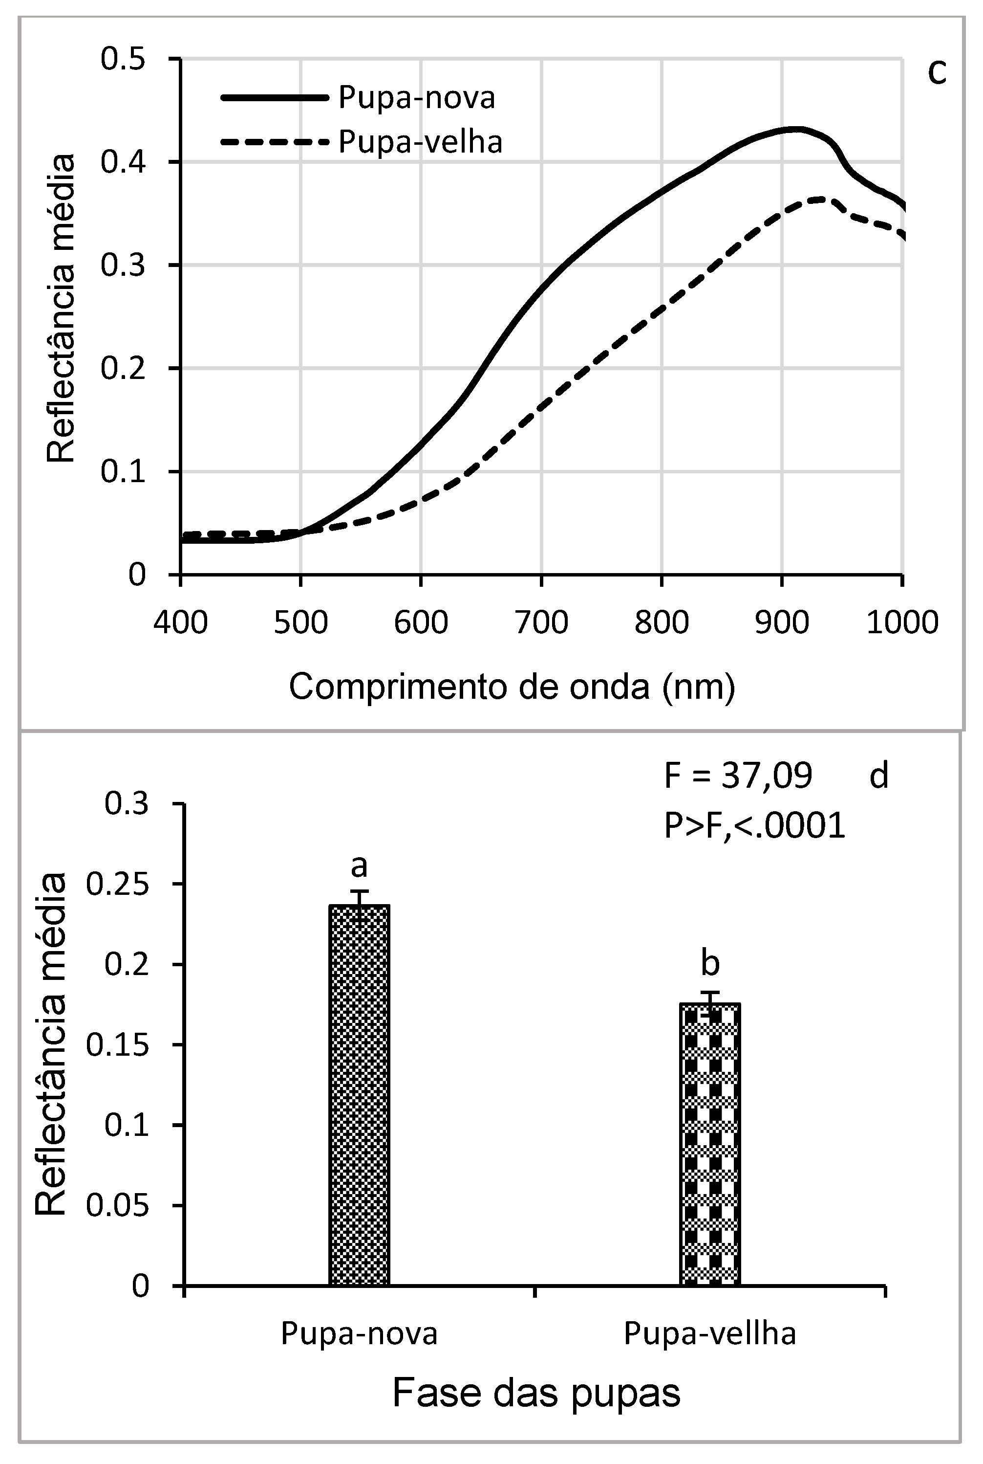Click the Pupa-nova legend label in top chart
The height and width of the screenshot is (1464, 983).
[x=416, y=98]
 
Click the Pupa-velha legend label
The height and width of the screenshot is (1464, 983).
[x=420, y=142]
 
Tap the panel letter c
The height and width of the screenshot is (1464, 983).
[x=936, y=73]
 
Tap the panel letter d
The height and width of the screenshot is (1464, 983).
[x=879, y=776]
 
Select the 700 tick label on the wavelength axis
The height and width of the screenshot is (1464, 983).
[x=540, y=623]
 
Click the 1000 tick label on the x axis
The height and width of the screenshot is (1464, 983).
[x=901, y=623]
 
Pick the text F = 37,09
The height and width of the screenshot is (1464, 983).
[x=738, y=776]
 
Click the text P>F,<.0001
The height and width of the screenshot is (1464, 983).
[x=755, y=826]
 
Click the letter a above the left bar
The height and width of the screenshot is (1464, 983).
[x=359, y=867]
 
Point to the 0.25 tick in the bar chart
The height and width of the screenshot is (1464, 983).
[x=117, y=885]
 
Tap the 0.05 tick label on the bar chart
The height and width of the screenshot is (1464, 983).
[x=117, y=1205]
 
